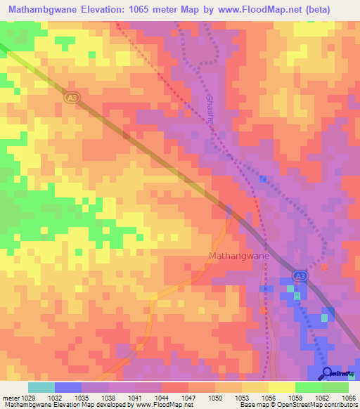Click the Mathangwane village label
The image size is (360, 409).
239,257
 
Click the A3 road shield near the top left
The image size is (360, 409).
70,98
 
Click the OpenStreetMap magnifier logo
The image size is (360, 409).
327,373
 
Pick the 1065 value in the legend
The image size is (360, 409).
349,397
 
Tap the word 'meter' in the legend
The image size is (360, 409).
10,397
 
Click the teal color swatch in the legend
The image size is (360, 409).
41,387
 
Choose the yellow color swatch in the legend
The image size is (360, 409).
281,387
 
